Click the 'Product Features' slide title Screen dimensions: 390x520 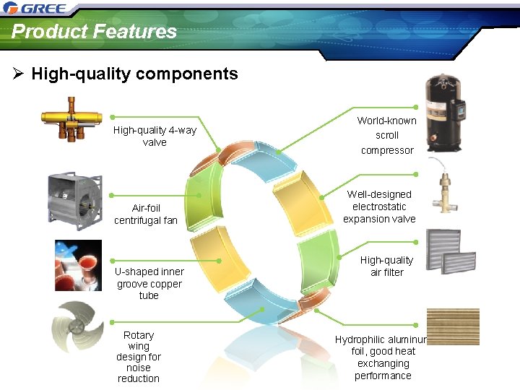(94, 32)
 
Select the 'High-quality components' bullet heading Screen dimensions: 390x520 (134, 74)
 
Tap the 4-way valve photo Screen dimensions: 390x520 (72, 119)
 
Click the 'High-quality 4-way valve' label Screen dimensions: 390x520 (155, 136)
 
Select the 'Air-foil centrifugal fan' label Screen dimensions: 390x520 (146, 214)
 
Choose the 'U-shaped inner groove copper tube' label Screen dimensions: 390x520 (149, 283)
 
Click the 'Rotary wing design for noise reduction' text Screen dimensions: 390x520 (139, 357)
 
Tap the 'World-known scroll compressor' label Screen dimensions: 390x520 (386, 135)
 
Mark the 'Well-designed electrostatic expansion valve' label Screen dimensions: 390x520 (379, 207)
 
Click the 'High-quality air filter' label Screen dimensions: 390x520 (386, 266)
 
